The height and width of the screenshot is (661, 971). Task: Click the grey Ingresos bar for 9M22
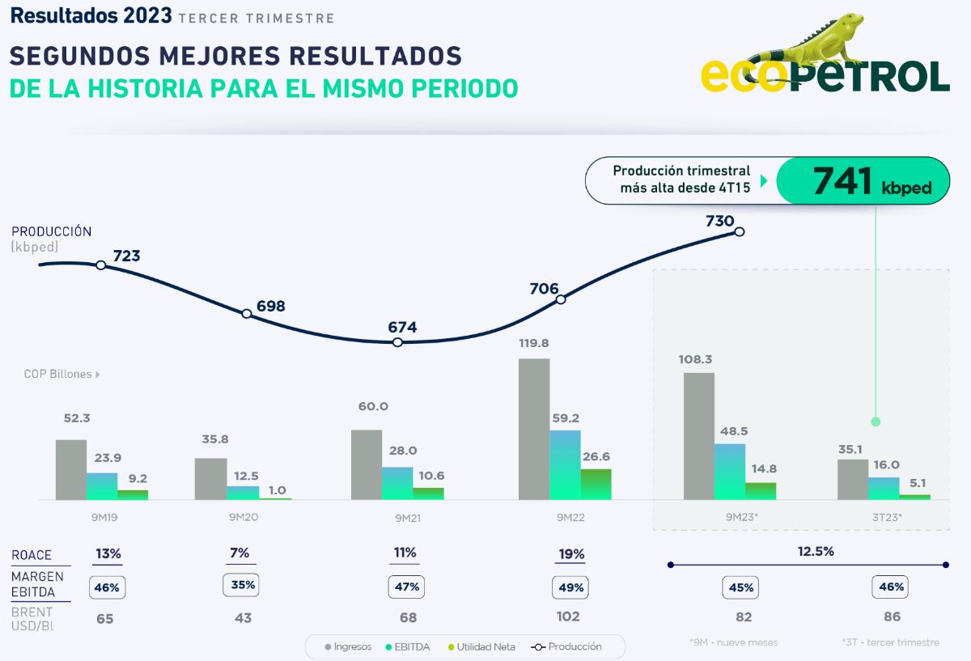coord(534,429)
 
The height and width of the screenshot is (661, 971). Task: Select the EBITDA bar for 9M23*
coord(730,472)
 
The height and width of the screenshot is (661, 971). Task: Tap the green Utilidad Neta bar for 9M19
coord(133,494)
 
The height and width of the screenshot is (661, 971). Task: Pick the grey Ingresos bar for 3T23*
coord(853,479)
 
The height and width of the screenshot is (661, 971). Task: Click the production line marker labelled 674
coord(397,342)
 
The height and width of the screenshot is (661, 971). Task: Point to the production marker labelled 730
coord(739,231)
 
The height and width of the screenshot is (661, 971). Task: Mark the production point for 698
coord(247,314)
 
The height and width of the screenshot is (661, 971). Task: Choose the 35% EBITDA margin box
coord(243,585)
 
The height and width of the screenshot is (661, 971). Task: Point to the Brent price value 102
coord(568,617)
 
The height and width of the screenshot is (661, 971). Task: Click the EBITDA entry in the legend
coord(408,646)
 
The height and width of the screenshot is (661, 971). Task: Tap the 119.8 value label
coord(535,343)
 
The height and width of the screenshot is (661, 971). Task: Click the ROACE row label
coord(32,555)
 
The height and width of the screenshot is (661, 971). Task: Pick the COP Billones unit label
coord(57,375)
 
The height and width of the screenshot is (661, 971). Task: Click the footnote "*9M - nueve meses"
coord(734,642)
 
